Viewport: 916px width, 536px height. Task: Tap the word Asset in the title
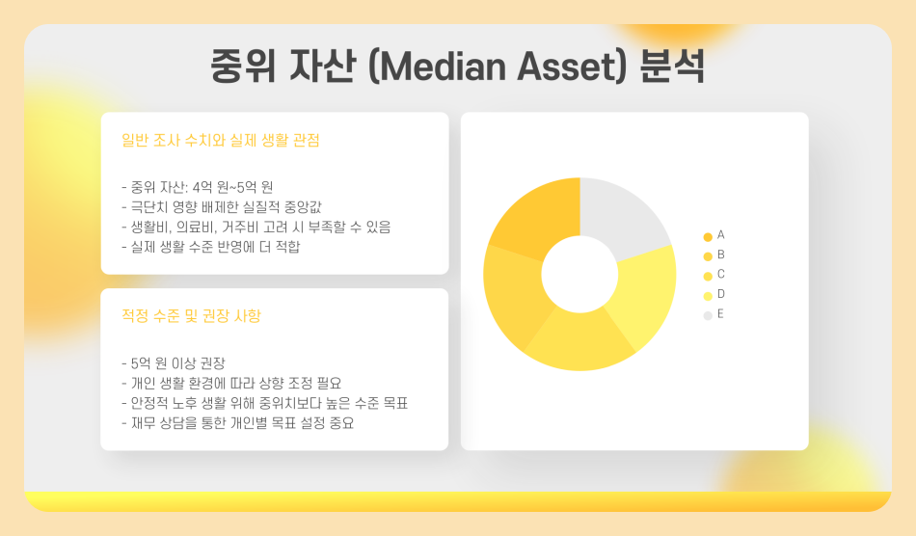click(x=570, y=67)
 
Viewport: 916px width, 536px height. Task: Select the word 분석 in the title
click(x=674, y=67)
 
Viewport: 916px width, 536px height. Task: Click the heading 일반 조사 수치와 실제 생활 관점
click(x=221, y=141)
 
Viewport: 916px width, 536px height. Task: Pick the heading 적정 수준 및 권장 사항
click(x=192, y=316)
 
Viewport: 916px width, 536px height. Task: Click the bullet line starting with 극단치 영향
click(x=234, y=206)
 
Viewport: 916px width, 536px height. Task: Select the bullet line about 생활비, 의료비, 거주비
click(x=256, y=227)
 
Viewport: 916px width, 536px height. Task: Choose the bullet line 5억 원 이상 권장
click(x=174, y=362)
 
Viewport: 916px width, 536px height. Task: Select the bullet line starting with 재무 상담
click(x=237, y=423)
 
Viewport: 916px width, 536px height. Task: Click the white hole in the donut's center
click(x=579, y=274)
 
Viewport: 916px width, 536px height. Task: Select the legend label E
click(x=720, y=314)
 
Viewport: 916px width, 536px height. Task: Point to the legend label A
click(x=720, y=235)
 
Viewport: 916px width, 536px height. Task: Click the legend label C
click(x=720, y=275)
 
